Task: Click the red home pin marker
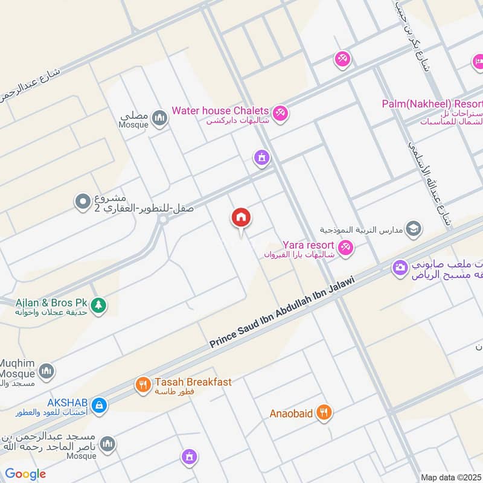pyautogui.click(x=241, y=219)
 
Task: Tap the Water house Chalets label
pyautogui.click(x=220, y=110)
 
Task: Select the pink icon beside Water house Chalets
pyautogui.click(x=280, y=112)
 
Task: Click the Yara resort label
pyautogui.click(x=309, y=245)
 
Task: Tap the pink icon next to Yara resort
pyautogui.click(x=345, y=246)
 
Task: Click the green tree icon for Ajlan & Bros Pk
pyautogui.click(x=98, y=306)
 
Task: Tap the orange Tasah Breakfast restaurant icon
pyautogui.click(x=142, y=385)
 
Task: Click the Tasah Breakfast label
pyautogui.click(x=193, y=382)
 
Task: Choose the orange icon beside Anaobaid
pyautogui.click(x=324, y=413)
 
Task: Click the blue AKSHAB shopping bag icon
pyautogui.click(x=100, y=405)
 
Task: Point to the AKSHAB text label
pyautogui.click(x=68, y=402)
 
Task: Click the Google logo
pyautogui.click(x=25, y=474)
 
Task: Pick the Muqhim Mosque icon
pyautogui.click(x=46, y=371)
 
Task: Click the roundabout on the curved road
pyautogui.click(x=162, y=220)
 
